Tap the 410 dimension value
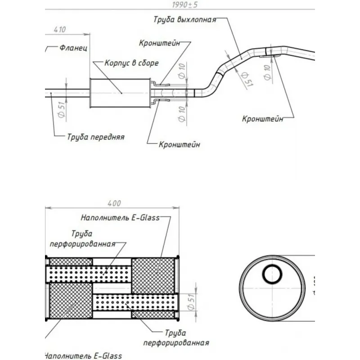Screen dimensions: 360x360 pyautogui.click(x=60, y=30)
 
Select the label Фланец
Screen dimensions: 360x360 pyautogui.click(x=73, y=48)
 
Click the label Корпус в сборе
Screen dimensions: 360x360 pyautogui.click(x=131, y=63)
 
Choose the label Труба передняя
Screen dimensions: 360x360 pyautogui.click(x=96, y=137)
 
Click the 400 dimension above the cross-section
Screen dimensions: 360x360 pyautogui.click(x=115, y=203)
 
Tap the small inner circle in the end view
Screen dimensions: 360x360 pyautogui.click(x=272, y=274)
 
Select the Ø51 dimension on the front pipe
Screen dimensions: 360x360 pyautogui.click(x=62, y=109)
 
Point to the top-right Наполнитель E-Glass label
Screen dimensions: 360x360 pyautogui.click(x=120, y=218)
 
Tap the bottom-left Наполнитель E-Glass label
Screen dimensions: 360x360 pyautogui.click(x=83, y=355)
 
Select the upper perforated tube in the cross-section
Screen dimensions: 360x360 pyautogui.click(x=88, y=273)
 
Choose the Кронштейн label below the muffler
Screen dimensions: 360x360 pyautogui.click(x=180, y=145)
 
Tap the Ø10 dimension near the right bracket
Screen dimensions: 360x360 pyautogui.click(x=267, y=72)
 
